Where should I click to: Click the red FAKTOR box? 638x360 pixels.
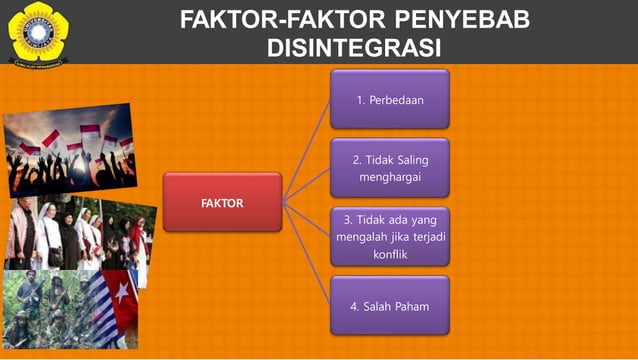tap(222, 202)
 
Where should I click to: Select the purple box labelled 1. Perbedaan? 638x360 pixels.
tap(389, 99)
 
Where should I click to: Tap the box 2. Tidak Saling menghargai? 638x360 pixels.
tap(389, 167)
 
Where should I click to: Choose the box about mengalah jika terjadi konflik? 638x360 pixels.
tap(389, 236)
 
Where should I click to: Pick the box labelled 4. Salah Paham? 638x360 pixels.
tap(389, 305)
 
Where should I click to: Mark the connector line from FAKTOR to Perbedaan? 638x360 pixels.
tap(306, 151)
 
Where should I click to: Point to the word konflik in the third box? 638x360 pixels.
tap(389, 254)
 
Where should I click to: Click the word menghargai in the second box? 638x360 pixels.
tap(389, 177)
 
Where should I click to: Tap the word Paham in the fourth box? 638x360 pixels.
tap(410, 305)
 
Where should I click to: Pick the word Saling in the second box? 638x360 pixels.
tap(408, 159)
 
